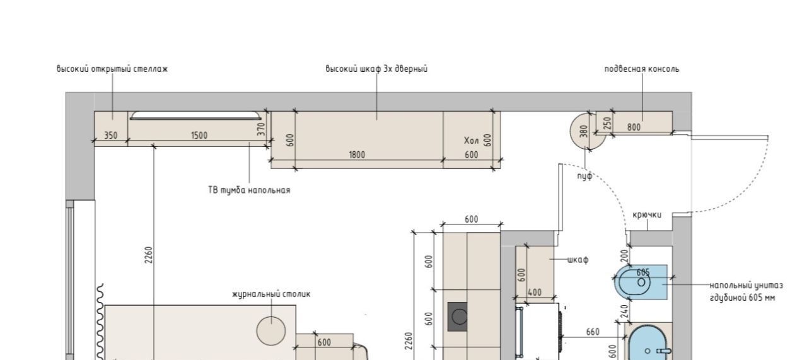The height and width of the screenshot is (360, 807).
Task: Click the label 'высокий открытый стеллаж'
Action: coord(112,69)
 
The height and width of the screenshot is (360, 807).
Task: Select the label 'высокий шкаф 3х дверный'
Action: coord(376,69)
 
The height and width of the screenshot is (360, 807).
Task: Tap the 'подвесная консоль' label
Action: coord(642,69)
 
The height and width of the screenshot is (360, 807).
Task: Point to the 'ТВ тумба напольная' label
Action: coord(249,190)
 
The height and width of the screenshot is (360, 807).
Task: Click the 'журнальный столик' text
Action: coord(271,294)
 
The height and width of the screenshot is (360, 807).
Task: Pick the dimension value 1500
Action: coord(199,136)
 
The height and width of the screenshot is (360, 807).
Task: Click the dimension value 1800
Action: coord(357,155)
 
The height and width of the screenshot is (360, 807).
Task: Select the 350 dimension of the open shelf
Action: coord(110,136)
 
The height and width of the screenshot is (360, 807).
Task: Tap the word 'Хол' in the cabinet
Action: coord(471,141)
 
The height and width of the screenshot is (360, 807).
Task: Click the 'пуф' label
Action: coord(584,176)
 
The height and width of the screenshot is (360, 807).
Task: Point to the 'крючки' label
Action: coord(647,215)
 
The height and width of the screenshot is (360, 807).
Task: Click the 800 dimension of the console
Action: coord(634,127)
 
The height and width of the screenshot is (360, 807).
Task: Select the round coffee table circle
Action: coord(271,331)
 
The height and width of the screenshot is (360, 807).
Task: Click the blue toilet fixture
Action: coord(641,282)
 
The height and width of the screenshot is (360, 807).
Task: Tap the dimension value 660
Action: coord(593,332)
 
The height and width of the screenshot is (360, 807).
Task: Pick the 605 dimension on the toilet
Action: coord(643,272)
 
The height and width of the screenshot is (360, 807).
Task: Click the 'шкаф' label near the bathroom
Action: coord(578,260)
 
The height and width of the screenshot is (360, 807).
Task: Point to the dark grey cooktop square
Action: coord(458,316)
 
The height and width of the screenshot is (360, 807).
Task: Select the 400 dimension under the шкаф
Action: coord(534,293)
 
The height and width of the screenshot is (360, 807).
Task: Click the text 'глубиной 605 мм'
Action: coord(743,298)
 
